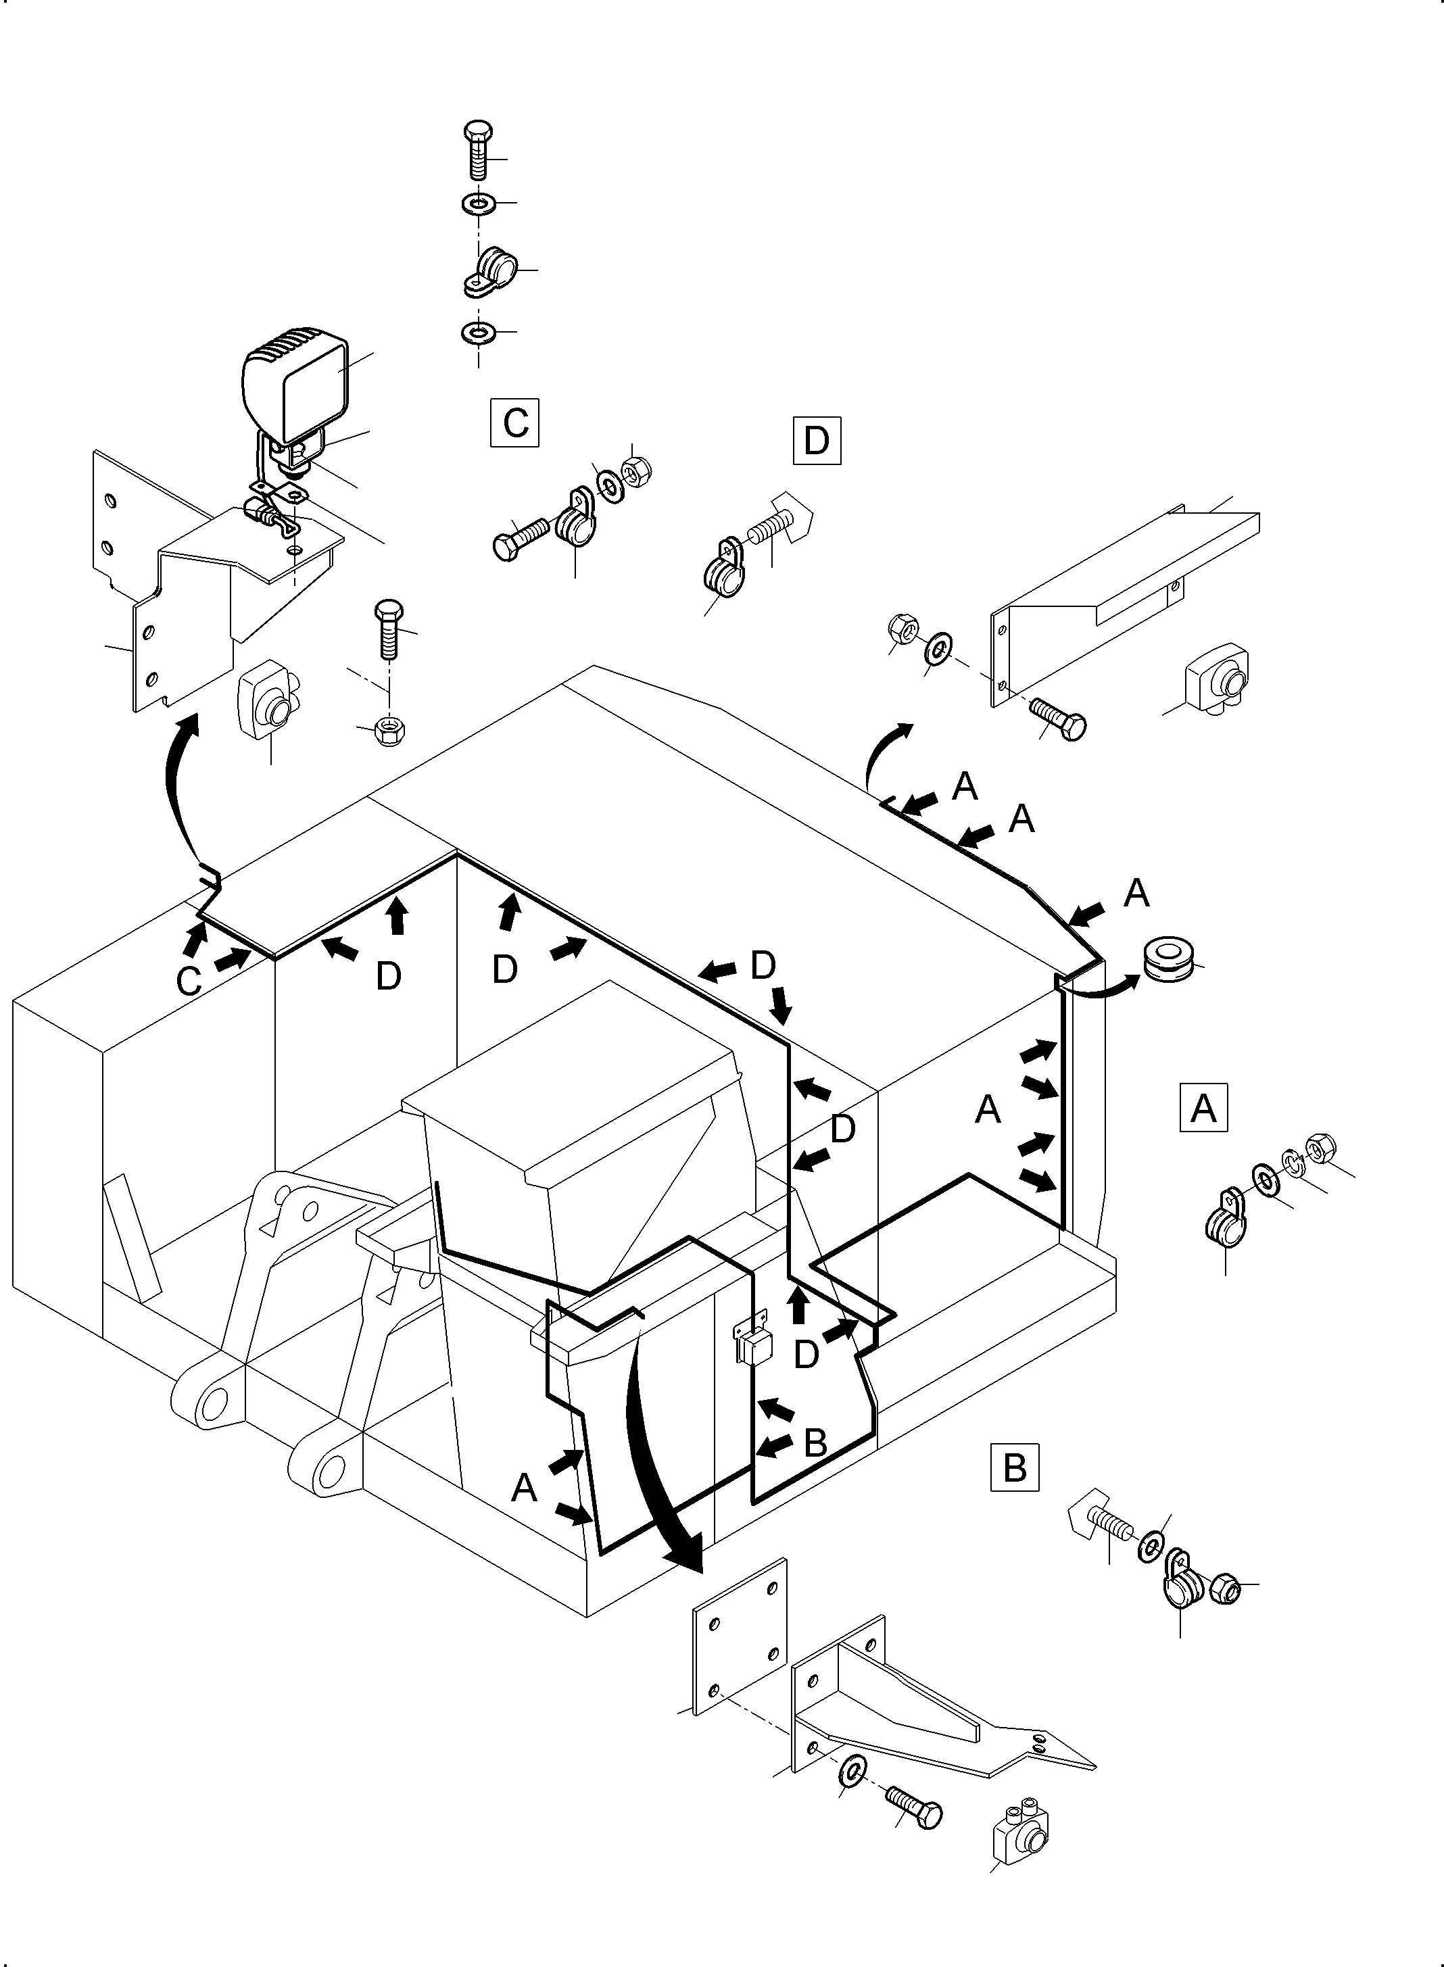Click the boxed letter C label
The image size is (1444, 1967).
pyautogui.click(x=515, y=423)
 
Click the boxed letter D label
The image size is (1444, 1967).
pyautogui.click(x=817, y=441)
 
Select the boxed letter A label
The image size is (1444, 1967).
pyautogui.click(x=1203, y=1108)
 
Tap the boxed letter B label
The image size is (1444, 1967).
pyautogui.click(x=1014, y=1467)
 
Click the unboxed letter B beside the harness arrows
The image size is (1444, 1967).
pyautogui.click(x=815, y=1442)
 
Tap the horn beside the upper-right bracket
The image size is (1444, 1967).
pyautogui.click(x=1217, y=678)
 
